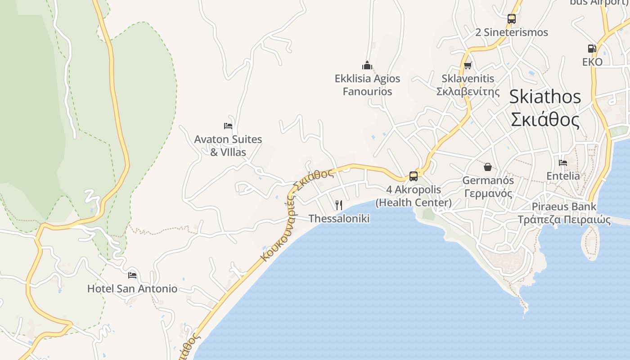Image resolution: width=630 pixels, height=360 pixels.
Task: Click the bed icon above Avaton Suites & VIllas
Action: (228, 126)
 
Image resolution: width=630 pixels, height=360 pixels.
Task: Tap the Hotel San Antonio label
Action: (132, 288)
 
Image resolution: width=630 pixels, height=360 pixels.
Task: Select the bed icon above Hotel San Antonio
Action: (132, 275)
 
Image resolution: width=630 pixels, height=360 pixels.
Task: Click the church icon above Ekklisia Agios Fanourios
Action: (367, 66)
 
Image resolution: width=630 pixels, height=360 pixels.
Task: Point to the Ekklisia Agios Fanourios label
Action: (367, 85)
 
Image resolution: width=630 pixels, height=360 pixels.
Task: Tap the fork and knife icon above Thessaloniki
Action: (339, 205)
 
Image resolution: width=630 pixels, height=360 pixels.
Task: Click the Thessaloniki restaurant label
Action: (339, 219)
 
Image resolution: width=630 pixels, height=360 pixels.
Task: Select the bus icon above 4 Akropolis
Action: (413, 176)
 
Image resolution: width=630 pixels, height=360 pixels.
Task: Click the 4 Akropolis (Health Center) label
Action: (414, 196)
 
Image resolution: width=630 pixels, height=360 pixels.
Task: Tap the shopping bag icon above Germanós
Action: (488, 167)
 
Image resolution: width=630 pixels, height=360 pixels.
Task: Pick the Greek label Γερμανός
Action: (488, 194)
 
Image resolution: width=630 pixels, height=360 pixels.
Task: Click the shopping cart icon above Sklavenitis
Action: (468, 66)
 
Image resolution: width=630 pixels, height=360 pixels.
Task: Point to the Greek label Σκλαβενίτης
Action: (468, 92)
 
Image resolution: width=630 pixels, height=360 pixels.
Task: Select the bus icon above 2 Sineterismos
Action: (511, 19)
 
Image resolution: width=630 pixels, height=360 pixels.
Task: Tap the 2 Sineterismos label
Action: (512, 32)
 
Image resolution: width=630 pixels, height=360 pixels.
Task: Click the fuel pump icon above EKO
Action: (592, 49)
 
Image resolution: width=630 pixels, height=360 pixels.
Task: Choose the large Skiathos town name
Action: (545, 97)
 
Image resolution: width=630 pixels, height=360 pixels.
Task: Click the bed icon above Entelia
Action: (562, 163)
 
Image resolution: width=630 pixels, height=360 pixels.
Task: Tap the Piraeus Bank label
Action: (564, 207)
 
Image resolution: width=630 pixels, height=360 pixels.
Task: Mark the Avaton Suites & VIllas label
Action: (228, 146)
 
